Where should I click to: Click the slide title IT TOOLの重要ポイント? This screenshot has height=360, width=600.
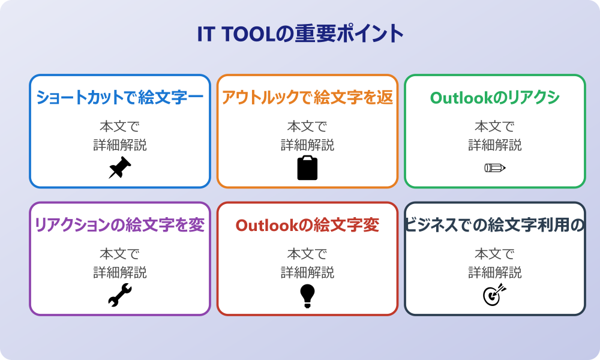coord(300,34)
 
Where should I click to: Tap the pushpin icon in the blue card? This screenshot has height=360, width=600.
coord(120,168)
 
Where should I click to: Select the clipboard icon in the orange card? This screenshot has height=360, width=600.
coord(307,168)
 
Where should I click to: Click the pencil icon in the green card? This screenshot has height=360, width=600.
coord(494,167)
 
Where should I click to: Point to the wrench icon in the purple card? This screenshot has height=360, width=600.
coord(120,295)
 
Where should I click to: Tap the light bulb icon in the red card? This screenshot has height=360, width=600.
coord(307,295)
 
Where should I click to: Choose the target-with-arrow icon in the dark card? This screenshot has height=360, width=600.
coord(494,295)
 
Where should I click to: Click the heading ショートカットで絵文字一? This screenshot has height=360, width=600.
coord(120,97)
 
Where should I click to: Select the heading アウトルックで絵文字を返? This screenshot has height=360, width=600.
coord(307,97)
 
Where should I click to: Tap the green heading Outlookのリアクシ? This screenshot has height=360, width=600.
coord(494,97)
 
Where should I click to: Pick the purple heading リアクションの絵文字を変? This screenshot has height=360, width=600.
coord(120,225)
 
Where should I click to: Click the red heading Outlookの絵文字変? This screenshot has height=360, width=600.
coord(307,225)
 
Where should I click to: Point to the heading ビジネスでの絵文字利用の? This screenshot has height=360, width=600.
coord(494,225)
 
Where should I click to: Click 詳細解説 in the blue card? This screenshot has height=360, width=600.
coord(120,145)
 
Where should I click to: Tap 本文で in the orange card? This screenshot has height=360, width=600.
coord(307,127)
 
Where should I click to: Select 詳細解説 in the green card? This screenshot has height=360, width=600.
coord(494,145)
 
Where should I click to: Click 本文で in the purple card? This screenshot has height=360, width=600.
coord(120,254)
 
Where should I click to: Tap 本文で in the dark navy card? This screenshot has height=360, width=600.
coord(494,254)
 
